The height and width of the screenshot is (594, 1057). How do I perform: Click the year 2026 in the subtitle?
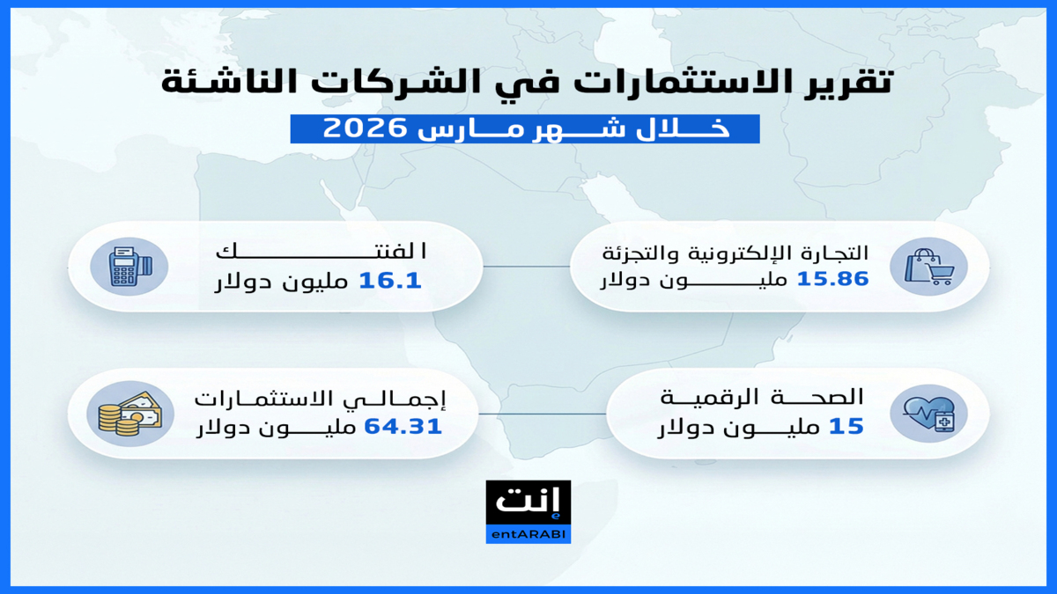(x=365, y=128)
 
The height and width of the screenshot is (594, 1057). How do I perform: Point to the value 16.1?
(x=390, y=281)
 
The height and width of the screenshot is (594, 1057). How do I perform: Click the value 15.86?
(x=832, y=279)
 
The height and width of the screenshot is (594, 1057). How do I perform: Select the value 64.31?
(x=403, y=427)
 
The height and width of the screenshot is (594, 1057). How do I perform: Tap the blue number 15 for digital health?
(x=846, y=426)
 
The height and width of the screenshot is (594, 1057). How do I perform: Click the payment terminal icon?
(x=129, y=267)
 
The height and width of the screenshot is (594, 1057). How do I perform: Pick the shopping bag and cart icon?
(x=928, y=267)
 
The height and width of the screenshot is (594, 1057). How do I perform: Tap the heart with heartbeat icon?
(x=928, y=414)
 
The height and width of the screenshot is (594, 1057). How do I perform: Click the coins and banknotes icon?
(x=130, y=414)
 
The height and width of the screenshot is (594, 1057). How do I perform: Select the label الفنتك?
(x=322, y=252)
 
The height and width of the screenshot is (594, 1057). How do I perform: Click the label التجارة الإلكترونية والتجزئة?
(x=735, y=253)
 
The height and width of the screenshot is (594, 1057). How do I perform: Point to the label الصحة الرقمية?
(x=762, y=398)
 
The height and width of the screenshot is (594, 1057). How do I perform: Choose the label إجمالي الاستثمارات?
(x=320, y=400)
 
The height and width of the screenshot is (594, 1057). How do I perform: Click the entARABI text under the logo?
(x=528, y=535)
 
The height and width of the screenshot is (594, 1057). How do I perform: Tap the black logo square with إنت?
(x=528, y=503)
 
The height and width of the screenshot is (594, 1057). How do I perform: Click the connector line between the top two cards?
(x=527, y=267)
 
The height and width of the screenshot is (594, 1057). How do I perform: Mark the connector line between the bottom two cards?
(x=543, y=414)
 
